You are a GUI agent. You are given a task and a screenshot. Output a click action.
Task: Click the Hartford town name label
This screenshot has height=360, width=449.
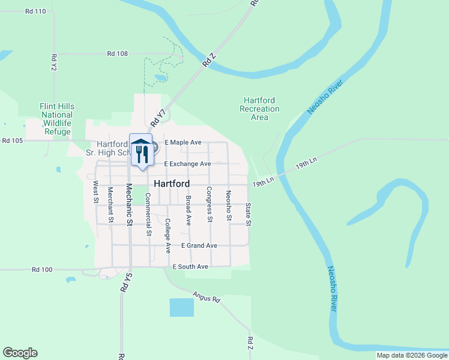click(x=172, y=184)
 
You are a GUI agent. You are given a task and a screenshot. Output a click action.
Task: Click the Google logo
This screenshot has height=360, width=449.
click(x=20, y=353)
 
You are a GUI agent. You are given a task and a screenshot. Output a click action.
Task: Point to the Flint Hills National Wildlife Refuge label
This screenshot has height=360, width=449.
click(x=57, y=119)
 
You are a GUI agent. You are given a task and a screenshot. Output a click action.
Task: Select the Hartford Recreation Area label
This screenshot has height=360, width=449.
click(x=259, y=109)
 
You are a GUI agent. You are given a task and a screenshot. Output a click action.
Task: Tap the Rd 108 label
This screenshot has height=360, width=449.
click(x=118, y=53)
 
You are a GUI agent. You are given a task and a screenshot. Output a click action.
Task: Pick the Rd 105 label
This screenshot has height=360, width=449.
click(x=12, y=141)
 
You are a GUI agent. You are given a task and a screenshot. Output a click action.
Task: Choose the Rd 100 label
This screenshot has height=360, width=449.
click(x=42, y=270)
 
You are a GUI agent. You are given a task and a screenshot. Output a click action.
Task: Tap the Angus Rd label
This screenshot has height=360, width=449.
click(x=207, y=296)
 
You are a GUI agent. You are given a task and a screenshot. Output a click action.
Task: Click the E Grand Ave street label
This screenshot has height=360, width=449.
click(x=199, y=245)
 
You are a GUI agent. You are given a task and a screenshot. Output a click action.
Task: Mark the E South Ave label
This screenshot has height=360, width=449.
click(x=190, y=266)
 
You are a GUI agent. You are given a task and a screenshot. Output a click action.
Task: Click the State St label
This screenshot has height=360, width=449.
click(x=249, y=214)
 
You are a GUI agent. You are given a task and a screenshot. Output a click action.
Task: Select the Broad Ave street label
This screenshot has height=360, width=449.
click(x=188, y=210)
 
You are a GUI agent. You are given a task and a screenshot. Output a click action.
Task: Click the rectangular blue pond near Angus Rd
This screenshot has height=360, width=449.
click(x=182, y=307)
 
